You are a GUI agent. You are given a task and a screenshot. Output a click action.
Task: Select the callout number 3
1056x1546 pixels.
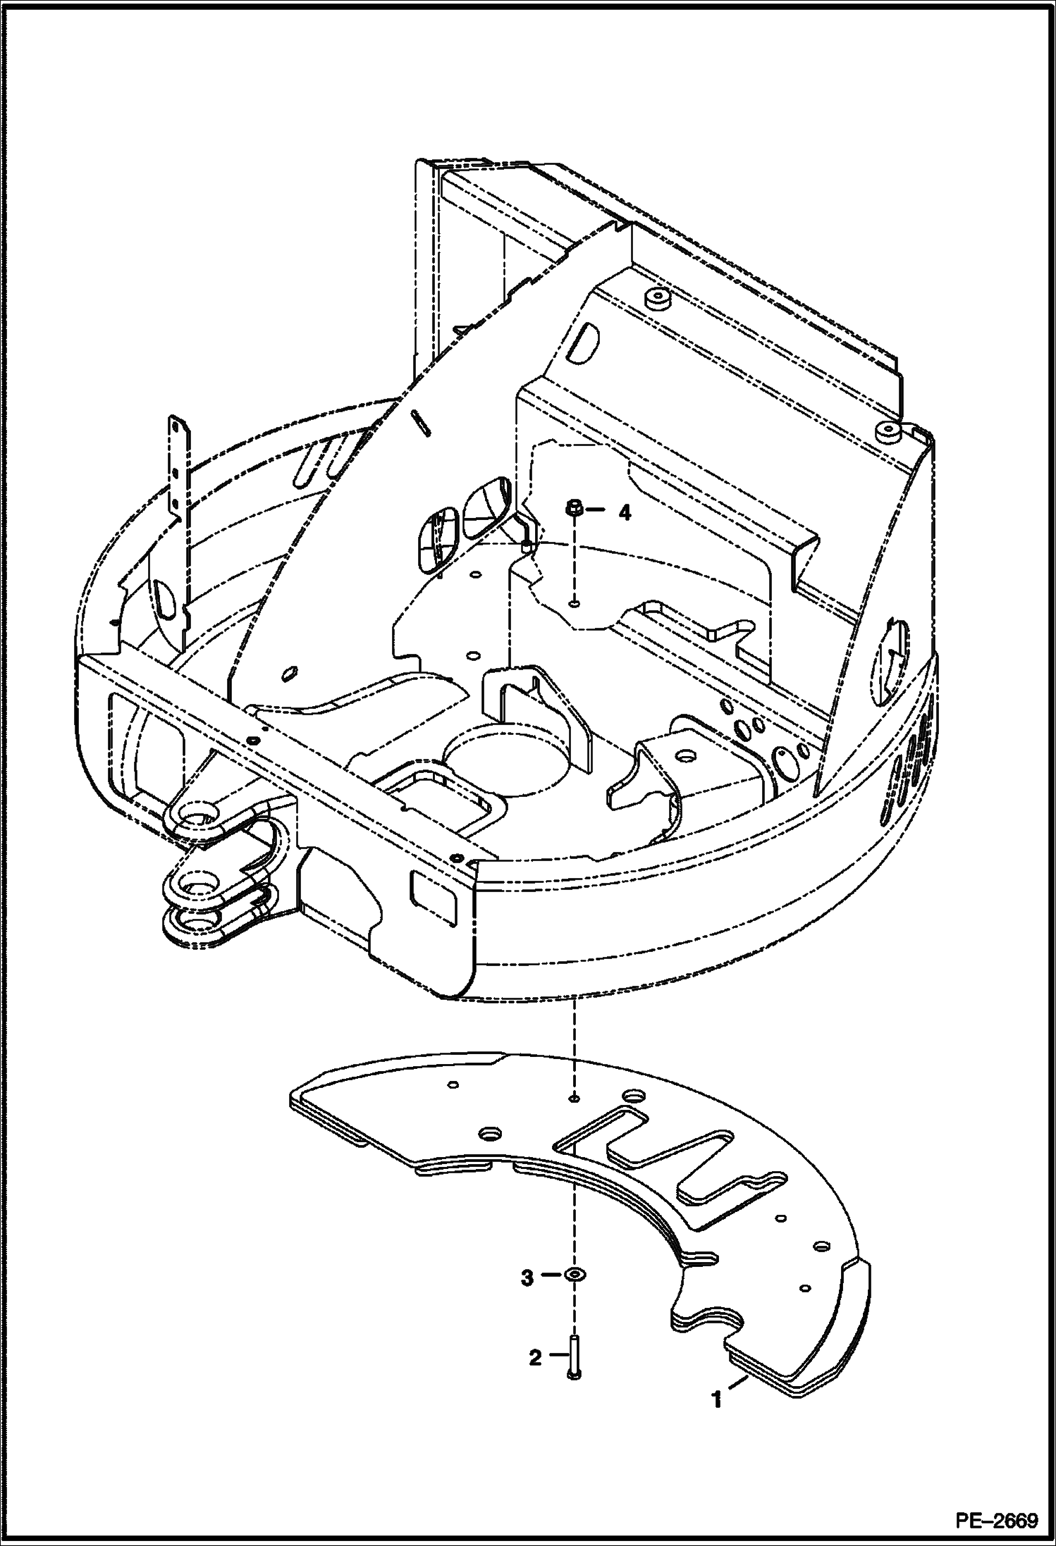(x=527, y=1278)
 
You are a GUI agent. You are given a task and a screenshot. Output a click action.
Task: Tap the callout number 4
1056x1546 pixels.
(x=624, y=513)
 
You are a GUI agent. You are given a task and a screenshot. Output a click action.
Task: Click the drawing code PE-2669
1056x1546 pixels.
(x=996, y=1520)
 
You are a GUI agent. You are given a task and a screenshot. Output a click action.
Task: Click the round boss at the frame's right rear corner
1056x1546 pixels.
(x=886, y=430)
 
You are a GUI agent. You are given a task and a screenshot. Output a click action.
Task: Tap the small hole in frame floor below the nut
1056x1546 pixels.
(x=575, y=603)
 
